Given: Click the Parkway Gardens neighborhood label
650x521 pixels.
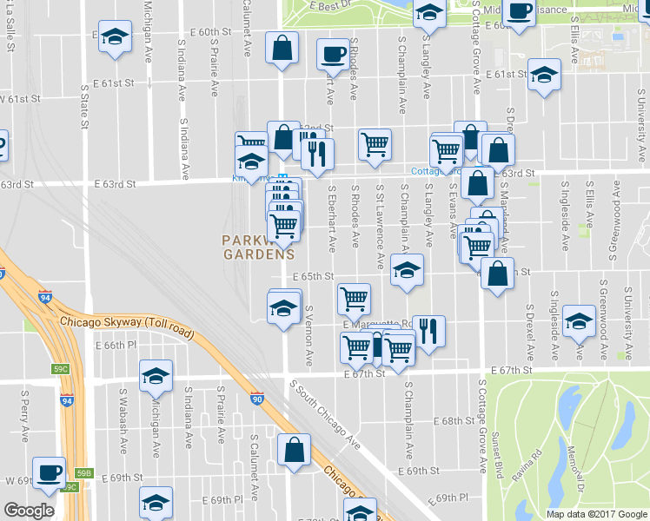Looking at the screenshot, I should (258, 247).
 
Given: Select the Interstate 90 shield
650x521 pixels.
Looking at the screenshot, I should (257, 399).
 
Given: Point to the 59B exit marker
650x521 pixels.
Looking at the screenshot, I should (83, 473).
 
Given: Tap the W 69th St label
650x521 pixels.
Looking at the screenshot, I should (17, 479).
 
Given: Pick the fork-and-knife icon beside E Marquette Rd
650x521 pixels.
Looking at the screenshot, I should (428, 330).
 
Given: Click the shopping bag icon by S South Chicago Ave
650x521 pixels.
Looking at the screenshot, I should (294, 449).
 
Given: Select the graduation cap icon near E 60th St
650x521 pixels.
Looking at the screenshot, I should (116, 37).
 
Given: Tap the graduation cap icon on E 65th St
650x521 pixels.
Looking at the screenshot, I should (406, 271).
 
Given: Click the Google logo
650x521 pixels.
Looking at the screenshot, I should (29, 511).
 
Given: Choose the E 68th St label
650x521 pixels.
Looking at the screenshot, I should (454, 421).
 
